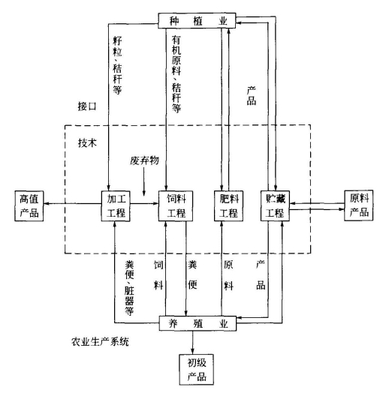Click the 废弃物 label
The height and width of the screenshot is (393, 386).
tap(144, 160)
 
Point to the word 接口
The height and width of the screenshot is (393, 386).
tap(87, 106)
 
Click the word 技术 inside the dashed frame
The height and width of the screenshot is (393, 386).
tap(87, 143)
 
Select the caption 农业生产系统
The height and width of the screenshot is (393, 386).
tap(100, 341)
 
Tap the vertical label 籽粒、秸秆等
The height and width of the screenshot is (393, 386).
tap(117, 65)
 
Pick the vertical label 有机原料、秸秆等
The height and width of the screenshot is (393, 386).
tap(176, 74)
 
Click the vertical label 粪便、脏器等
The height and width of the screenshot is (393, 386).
tap(129, 288)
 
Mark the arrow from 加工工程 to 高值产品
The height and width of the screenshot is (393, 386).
tap(72, 203)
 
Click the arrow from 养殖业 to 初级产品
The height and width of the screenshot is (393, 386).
tap(193, 343)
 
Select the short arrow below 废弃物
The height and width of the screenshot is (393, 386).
tap(144, 181)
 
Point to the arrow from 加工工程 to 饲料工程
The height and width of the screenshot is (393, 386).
tap(144, 203)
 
